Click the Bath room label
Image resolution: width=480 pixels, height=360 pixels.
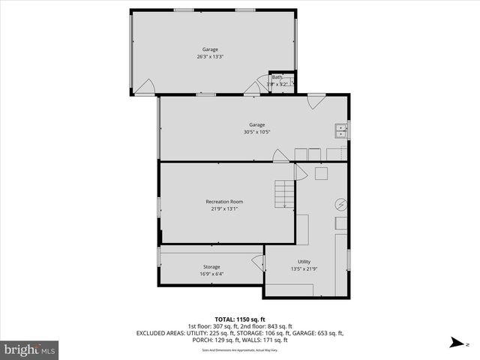pos(277,77)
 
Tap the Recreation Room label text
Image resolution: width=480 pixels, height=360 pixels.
pos(224,202)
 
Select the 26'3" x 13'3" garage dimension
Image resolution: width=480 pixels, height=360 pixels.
pos(209,57)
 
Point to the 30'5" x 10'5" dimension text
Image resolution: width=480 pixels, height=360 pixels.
pos(256,133)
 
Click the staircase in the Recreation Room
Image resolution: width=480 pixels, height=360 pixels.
pos(284,194)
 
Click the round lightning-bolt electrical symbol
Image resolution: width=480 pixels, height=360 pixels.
pos(340,205)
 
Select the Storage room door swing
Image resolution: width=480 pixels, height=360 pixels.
pos(258,262)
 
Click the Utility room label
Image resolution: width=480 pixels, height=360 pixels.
pos(304,262)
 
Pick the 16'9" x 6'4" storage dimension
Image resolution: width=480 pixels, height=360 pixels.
pos(211,274)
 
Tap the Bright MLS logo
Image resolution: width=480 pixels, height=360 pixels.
pos(30,349)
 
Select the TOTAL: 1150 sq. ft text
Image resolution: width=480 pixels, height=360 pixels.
pos(239,319)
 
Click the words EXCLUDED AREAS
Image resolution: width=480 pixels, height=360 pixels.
pos(159,333)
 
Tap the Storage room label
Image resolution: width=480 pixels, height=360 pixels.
pos(211,267)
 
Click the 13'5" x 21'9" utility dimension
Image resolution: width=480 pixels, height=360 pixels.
pos(304,269)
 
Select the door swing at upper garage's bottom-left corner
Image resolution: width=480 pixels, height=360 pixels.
pos(148,87)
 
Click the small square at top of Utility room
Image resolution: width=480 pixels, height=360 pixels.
pos(322,174)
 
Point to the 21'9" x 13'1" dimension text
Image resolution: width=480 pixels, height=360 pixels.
pos(224,209)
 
